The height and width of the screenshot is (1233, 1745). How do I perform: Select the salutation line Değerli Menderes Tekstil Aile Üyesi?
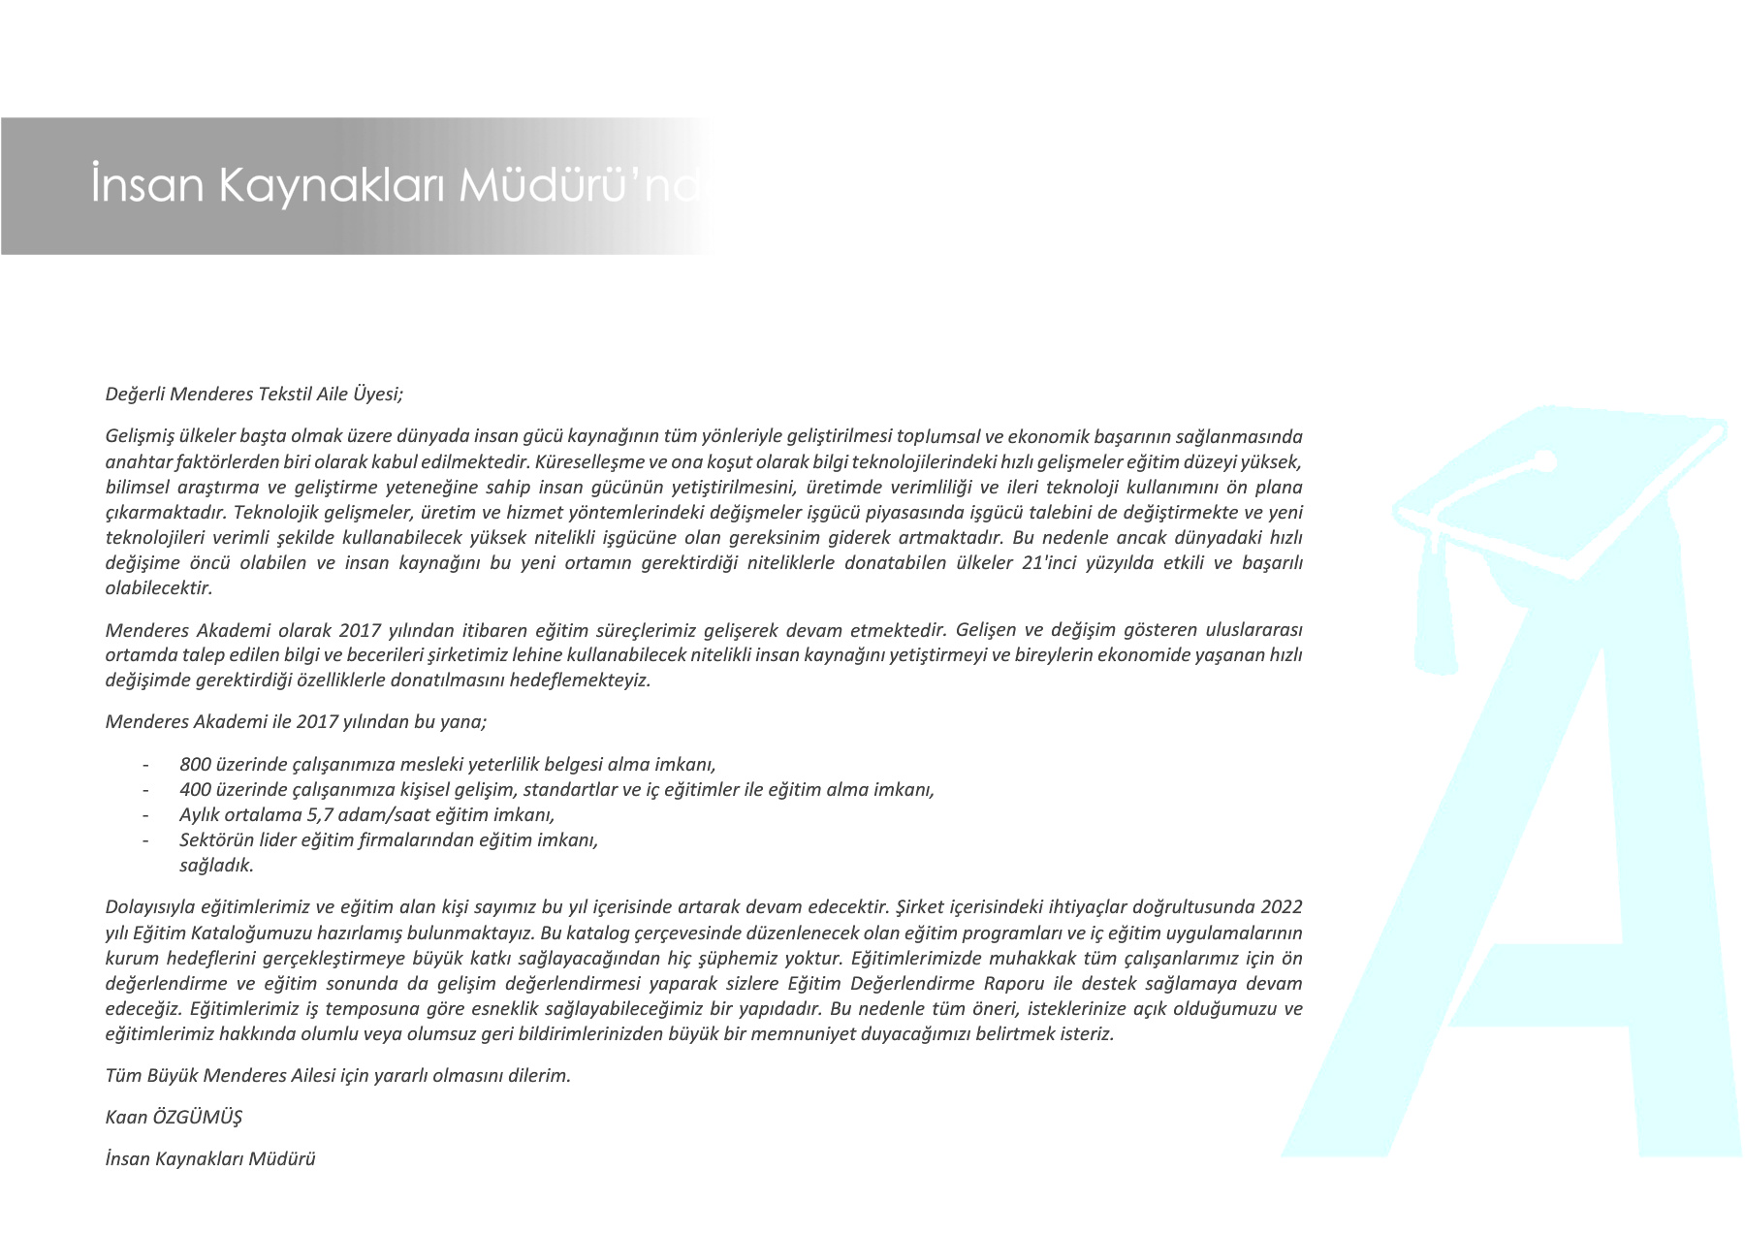click(x=254, y=394)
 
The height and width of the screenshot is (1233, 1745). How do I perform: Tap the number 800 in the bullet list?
click(x=195, y=764)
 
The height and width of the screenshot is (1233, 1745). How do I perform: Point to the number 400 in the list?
click(x=195, y=789)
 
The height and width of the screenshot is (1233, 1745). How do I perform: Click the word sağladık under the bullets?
click(x=216, y=865)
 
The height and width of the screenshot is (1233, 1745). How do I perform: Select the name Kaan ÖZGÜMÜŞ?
click(x=174, y=1117)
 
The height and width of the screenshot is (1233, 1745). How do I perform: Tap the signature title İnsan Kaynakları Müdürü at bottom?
click(x=210, y=1158)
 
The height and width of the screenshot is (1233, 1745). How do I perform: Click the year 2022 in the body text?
click(x=1282, y=907)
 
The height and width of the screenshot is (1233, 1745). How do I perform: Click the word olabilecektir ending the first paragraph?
click(x=158, y=587)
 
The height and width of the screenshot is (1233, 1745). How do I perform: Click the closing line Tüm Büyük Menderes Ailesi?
click(x=337, y=1075)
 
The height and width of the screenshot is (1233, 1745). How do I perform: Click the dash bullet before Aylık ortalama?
click(x=145, y=814)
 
